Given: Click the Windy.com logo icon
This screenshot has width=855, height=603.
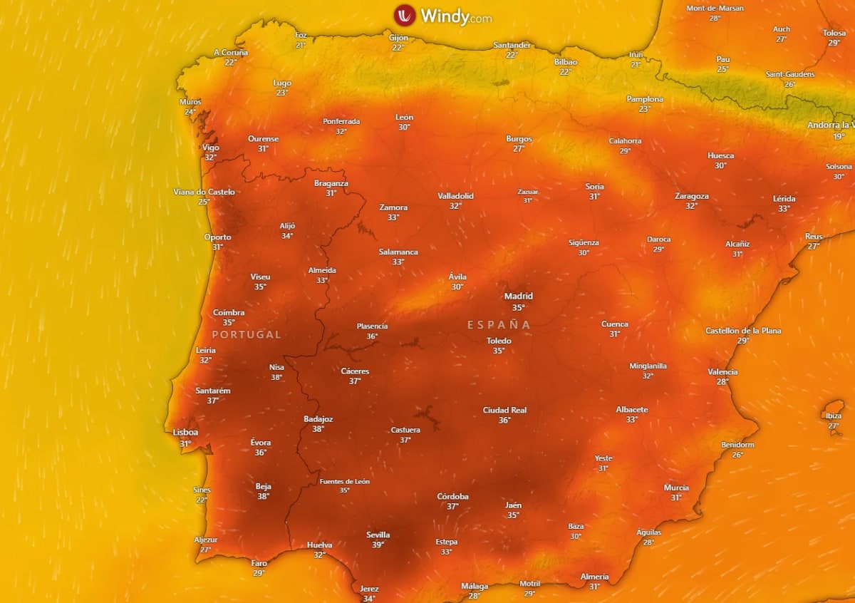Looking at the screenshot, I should pyautogui.click(x=405, y=15).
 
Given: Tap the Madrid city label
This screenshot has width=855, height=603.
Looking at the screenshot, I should pyautogui.click(x=518, y=297).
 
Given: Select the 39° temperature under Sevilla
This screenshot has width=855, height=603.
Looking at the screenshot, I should pyautogui.click(x=378, y=545).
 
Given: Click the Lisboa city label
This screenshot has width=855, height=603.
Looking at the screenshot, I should pyautogui.click(x=185, y=433).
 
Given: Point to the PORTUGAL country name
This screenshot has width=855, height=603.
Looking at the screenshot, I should pyautogui.click(x=247, y=334).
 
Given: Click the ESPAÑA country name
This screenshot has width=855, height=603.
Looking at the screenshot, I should pyautogui.click(x=499, y=325).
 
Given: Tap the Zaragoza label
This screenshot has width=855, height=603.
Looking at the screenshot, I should pyautogui.click(x=691, y=196).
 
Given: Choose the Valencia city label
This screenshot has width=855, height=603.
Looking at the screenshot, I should pyautogui.click(x=722, y=372).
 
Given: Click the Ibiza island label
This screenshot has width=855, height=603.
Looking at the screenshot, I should pyautogui.click(x=833, y=416).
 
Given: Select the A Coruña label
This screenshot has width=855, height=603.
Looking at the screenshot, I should pyautogui.click(x=231, y=53).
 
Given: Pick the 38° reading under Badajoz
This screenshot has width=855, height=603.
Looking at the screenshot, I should pyautogui.click(x=318, y=429).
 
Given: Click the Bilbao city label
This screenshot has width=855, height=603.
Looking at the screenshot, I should pyautogui.click(x=566, y=62).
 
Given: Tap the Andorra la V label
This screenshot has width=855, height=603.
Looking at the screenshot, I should pyautogui.click(x=830, y=125).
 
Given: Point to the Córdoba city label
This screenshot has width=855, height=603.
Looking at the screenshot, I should pyautogui.click(x=452, y=497).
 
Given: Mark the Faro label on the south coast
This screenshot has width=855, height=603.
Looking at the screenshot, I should pyautogui.click(x=259, y=563).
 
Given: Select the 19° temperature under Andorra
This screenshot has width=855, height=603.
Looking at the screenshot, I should pyautogui.click(x=839, y=136).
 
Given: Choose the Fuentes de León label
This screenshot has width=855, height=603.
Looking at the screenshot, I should pyautogui.click(x=344, y=481).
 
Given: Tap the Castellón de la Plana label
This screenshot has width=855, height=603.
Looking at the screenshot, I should pyautogui.click(x=742, y=331).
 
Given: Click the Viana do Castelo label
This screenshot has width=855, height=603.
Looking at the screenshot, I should pyautogui.click(x=204, y=192).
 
